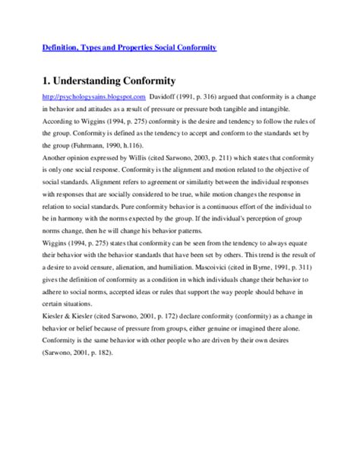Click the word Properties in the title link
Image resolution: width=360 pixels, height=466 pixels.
pos(137,47)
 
